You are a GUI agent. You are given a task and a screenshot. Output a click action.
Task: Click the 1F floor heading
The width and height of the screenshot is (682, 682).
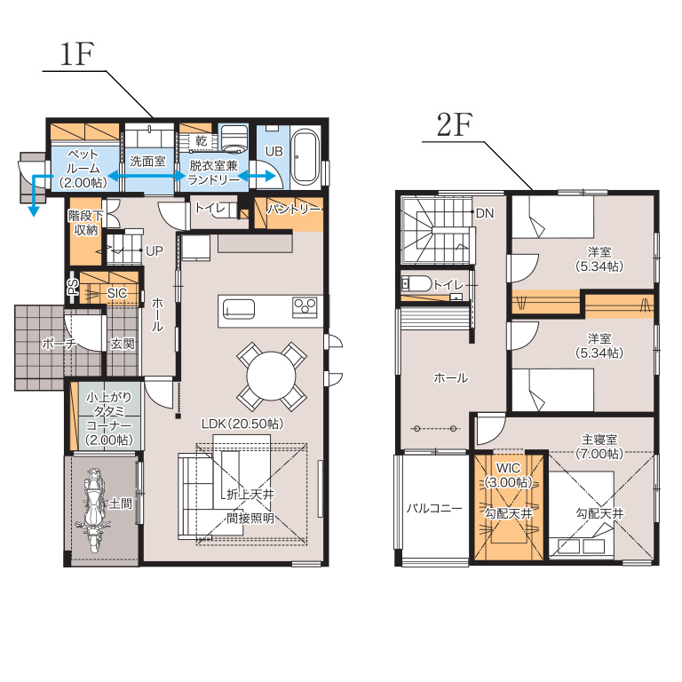(x=76, y=54)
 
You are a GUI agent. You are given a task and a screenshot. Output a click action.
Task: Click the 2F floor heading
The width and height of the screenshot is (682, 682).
(x=455, y=125)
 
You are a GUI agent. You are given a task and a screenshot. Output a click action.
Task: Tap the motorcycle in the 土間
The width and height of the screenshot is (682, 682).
(x=93, y=510)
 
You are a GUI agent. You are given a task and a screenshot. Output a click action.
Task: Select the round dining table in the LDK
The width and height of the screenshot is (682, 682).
(x=272, y=376)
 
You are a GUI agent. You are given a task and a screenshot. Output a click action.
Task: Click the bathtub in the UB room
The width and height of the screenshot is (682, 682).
(x=305, y=156)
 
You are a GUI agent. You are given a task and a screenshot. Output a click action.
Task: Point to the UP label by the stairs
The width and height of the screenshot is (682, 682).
(x=155, y=251)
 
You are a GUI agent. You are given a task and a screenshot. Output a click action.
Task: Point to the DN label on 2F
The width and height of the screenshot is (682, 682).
(x=485, y=213)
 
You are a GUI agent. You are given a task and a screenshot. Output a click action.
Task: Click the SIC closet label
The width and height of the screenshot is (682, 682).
(x=117, y=294)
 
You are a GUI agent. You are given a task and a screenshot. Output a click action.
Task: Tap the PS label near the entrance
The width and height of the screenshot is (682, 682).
(x=73, y=287)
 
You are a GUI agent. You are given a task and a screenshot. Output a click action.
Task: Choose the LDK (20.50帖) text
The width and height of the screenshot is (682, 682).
(x=242, y=424)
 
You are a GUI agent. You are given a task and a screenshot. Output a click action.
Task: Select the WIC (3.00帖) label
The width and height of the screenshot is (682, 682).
(x=509, y=475)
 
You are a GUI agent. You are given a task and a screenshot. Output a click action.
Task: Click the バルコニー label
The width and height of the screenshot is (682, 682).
(x=434, y=508)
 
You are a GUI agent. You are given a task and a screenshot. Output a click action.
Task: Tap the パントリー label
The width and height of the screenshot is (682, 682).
(x=294, y=210)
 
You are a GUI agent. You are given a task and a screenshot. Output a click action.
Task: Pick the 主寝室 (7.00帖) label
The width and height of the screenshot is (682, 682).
(x=599, y=447)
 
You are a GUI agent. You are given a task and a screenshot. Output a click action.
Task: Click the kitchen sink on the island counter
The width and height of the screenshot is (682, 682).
(x=239, y=310)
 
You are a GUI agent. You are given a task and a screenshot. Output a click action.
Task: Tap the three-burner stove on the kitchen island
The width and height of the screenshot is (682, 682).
(x=305, y=307)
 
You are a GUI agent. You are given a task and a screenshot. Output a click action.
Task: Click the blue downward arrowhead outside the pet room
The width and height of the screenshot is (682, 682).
(x=34, y=211)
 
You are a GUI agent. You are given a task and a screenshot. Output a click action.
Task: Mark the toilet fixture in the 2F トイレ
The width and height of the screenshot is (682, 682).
(x=416, y=284)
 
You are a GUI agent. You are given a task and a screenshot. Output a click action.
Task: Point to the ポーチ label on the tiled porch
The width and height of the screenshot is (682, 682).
(x=59, y=344)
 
